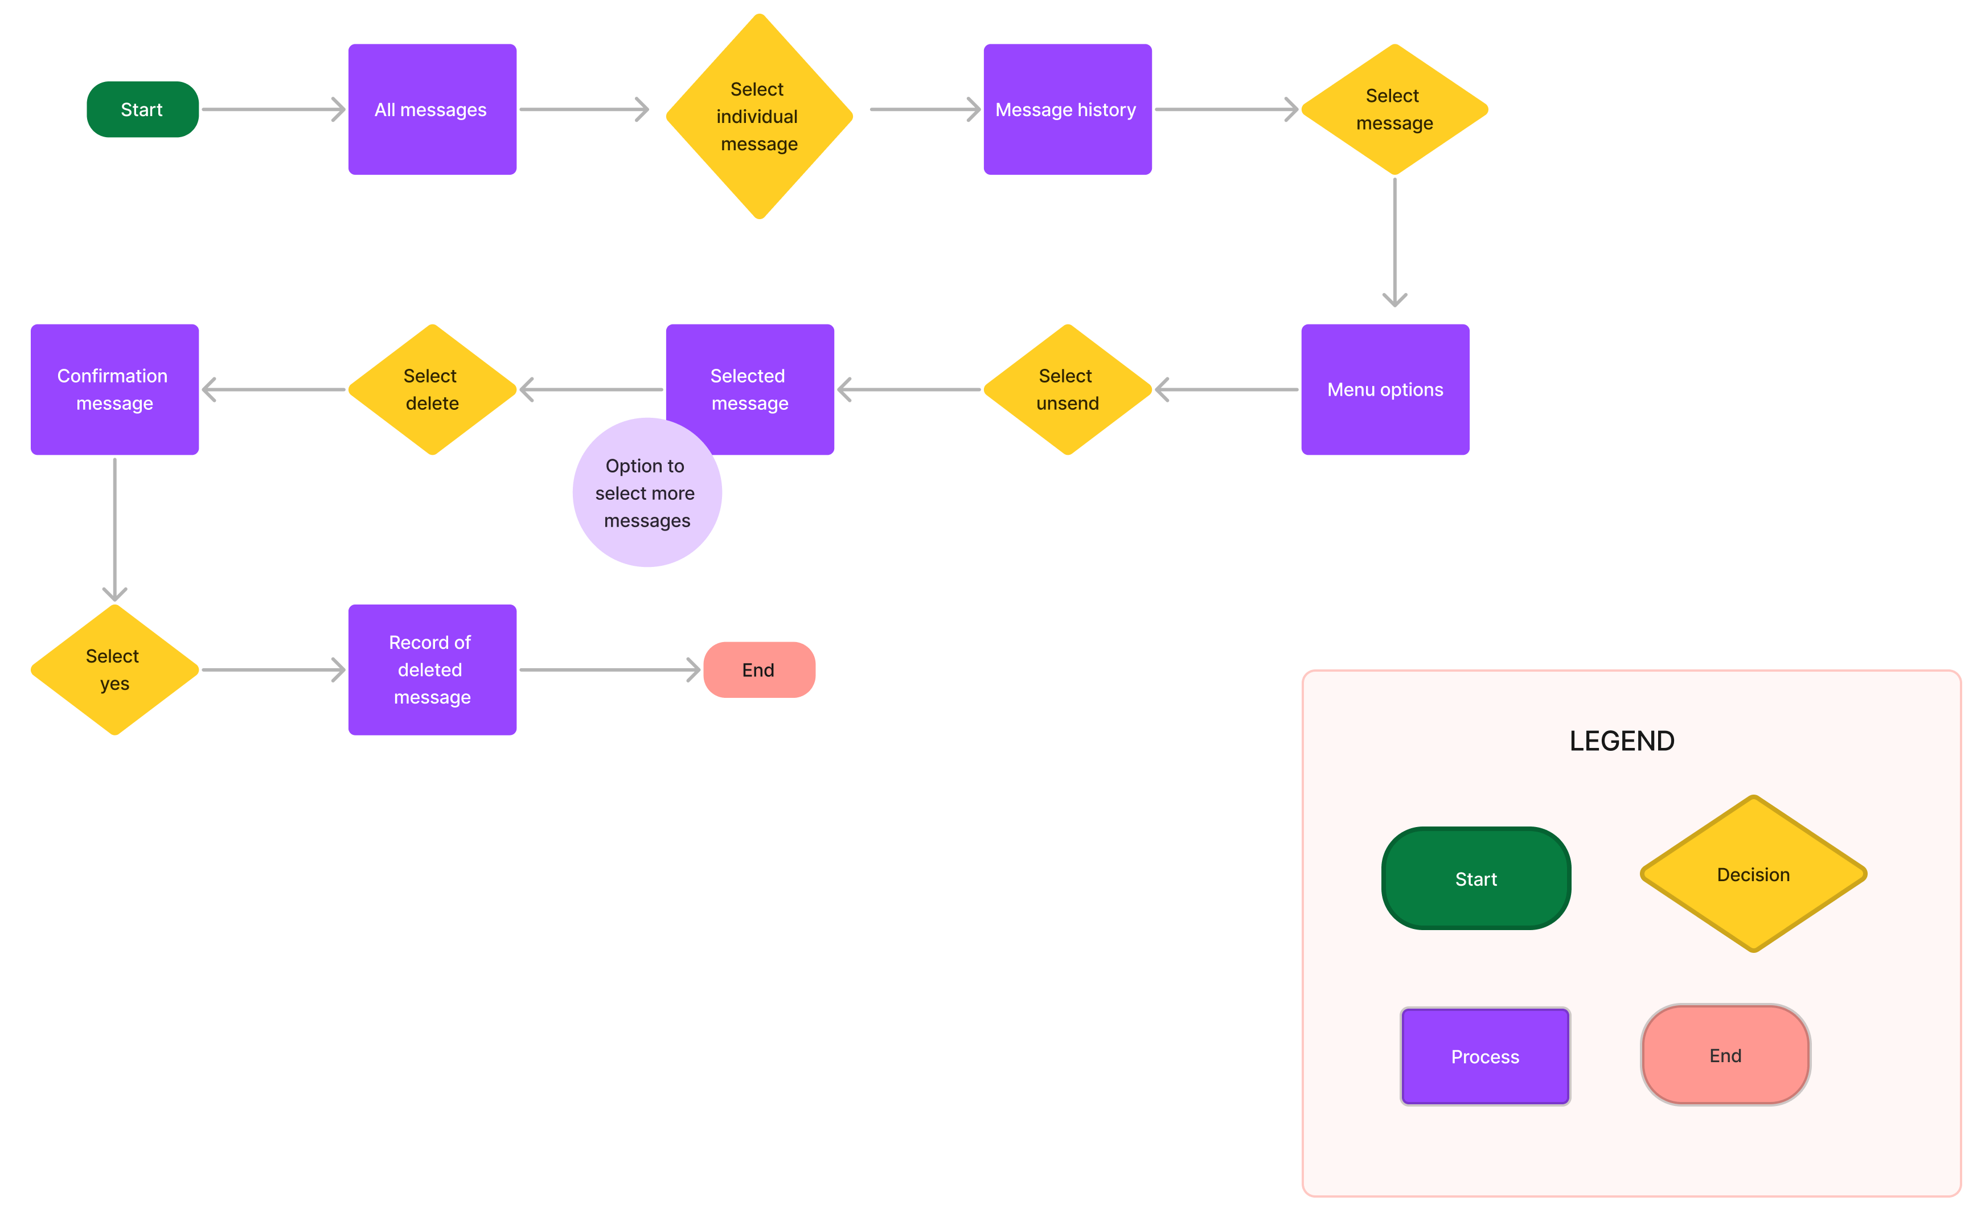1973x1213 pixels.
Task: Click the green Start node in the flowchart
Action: point(142,109)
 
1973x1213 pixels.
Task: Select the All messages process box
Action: point(432,109)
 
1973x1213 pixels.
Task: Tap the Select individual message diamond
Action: point(759,116)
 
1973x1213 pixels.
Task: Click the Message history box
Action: point(1067,109)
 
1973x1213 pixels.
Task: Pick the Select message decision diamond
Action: point(1394,109)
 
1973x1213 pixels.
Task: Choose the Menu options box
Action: point(1385,389)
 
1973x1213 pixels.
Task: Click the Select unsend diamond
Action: point(1067,389)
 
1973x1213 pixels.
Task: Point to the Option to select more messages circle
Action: point(647,492)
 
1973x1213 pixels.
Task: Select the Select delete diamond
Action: point(432,389)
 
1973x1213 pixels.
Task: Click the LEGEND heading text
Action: point(1622,741)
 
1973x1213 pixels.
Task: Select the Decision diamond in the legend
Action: point(1753,874)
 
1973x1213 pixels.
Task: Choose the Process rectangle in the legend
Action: point(1484,1056)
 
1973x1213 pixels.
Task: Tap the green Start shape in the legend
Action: point(1475,878)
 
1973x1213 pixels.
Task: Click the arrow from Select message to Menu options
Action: point(1394,242)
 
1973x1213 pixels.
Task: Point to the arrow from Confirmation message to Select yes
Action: point(115,529)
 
